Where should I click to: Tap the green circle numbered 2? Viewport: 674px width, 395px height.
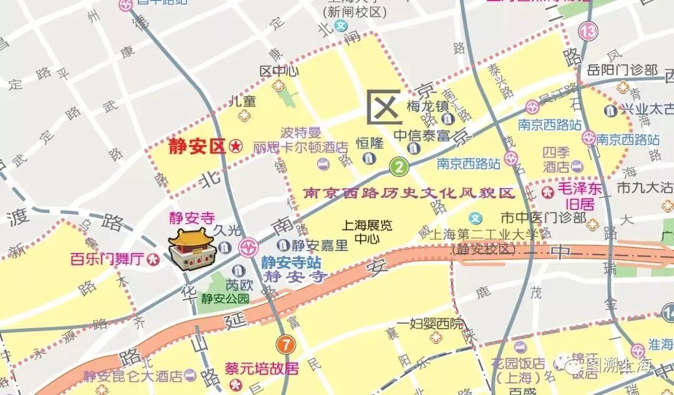pyautogui.click(x=399, y=166)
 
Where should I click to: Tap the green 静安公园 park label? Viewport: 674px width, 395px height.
pyautogui.click(x=225, y=298)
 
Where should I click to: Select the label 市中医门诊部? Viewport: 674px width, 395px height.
pyautogui.click(x=543, y=218)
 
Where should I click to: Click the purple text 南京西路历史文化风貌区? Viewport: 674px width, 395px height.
pyautogui.click(x=409, y=193)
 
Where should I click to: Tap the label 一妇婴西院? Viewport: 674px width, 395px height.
pyautogui.click(x=437, y=324)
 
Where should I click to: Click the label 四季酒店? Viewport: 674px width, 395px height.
pyautogui.click(x=555, y=159)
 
